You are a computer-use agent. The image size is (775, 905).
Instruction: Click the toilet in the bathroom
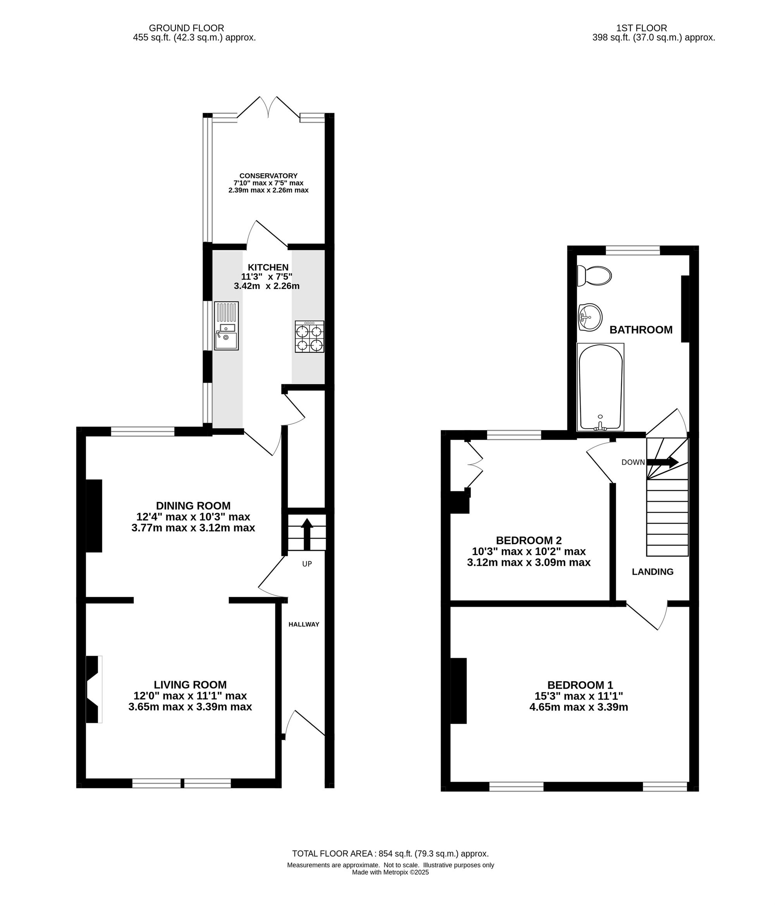(594, 276)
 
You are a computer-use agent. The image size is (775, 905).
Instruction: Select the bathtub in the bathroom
(600, 387)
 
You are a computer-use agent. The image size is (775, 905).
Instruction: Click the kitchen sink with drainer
(226, 325)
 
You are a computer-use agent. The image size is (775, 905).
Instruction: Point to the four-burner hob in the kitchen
(310, 336)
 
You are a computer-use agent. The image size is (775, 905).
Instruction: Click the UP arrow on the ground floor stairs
(307, 534)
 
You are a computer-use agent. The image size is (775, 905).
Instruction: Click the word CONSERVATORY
(268, 176)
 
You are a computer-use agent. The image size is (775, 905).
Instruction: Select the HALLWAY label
(304, 624)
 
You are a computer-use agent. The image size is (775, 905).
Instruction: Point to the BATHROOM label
(641, 330)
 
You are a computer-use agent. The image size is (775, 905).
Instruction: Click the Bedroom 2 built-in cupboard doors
(475, 465)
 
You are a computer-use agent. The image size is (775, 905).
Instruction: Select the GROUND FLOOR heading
(186, 28)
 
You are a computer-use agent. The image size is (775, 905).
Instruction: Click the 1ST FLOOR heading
(641, 28)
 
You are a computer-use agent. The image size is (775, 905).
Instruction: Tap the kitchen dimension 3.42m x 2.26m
(267, 286)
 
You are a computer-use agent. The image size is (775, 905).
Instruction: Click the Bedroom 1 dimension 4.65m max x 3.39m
(579, 707)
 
